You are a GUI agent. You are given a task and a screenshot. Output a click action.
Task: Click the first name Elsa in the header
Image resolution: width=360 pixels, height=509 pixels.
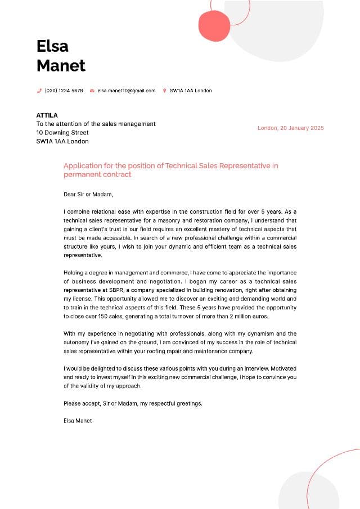pyautogui.click(x=52, y=46)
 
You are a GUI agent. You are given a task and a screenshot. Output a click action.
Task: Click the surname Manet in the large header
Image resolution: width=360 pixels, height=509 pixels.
pyautogui.click(x=61, y=66)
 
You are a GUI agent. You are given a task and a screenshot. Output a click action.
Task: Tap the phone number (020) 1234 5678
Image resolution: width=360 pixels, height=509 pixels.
pyautogui.click(x=64, y=91)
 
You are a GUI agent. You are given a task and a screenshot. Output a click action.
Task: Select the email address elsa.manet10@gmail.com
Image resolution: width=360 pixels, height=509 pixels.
pyautogui.click(x=126, y=91)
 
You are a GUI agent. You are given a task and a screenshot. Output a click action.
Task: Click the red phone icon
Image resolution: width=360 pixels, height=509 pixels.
pyautogui.click(x=39, y=91)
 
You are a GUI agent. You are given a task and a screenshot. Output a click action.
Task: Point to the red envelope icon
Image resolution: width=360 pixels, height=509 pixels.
pyautogui.click(x=92, y=91)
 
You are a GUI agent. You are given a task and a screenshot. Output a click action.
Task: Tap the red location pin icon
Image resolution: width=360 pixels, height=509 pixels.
pyautogui.click(x=164, y=91)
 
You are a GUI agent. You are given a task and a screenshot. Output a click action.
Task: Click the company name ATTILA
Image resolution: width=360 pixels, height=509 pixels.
pyautogui.click(x=47, y=115)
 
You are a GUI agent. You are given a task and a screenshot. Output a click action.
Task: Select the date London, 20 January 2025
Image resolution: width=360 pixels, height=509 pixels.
pyautogui.click(x=290, y=128)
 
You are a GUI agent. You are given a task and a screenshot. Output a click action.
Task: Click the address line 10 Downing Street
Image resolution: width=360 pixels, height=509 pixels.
pyautogui.click(x=62, y=133)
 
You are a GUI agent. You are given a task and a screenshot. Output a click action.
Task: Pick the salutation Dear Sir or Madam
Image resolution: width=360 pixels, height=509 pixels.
pyautogui.click(x=88, y=195)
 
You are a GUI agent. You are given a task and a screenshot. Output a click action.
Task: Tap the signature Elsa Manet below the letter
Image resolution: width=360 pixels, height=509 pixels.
pyautogui.click(x=78, y=421)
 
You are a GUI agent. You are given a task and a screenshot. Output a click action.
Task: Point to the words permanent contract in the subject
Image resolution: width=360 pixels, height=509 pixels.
pyautogui.click(x=97, y=174)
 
